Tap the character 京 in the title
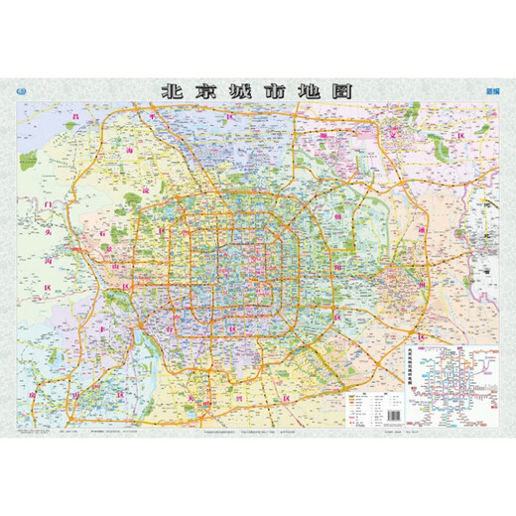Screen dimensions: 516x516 coord(209,90)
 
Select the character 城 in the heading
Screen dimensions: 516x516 coord(247,90)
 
